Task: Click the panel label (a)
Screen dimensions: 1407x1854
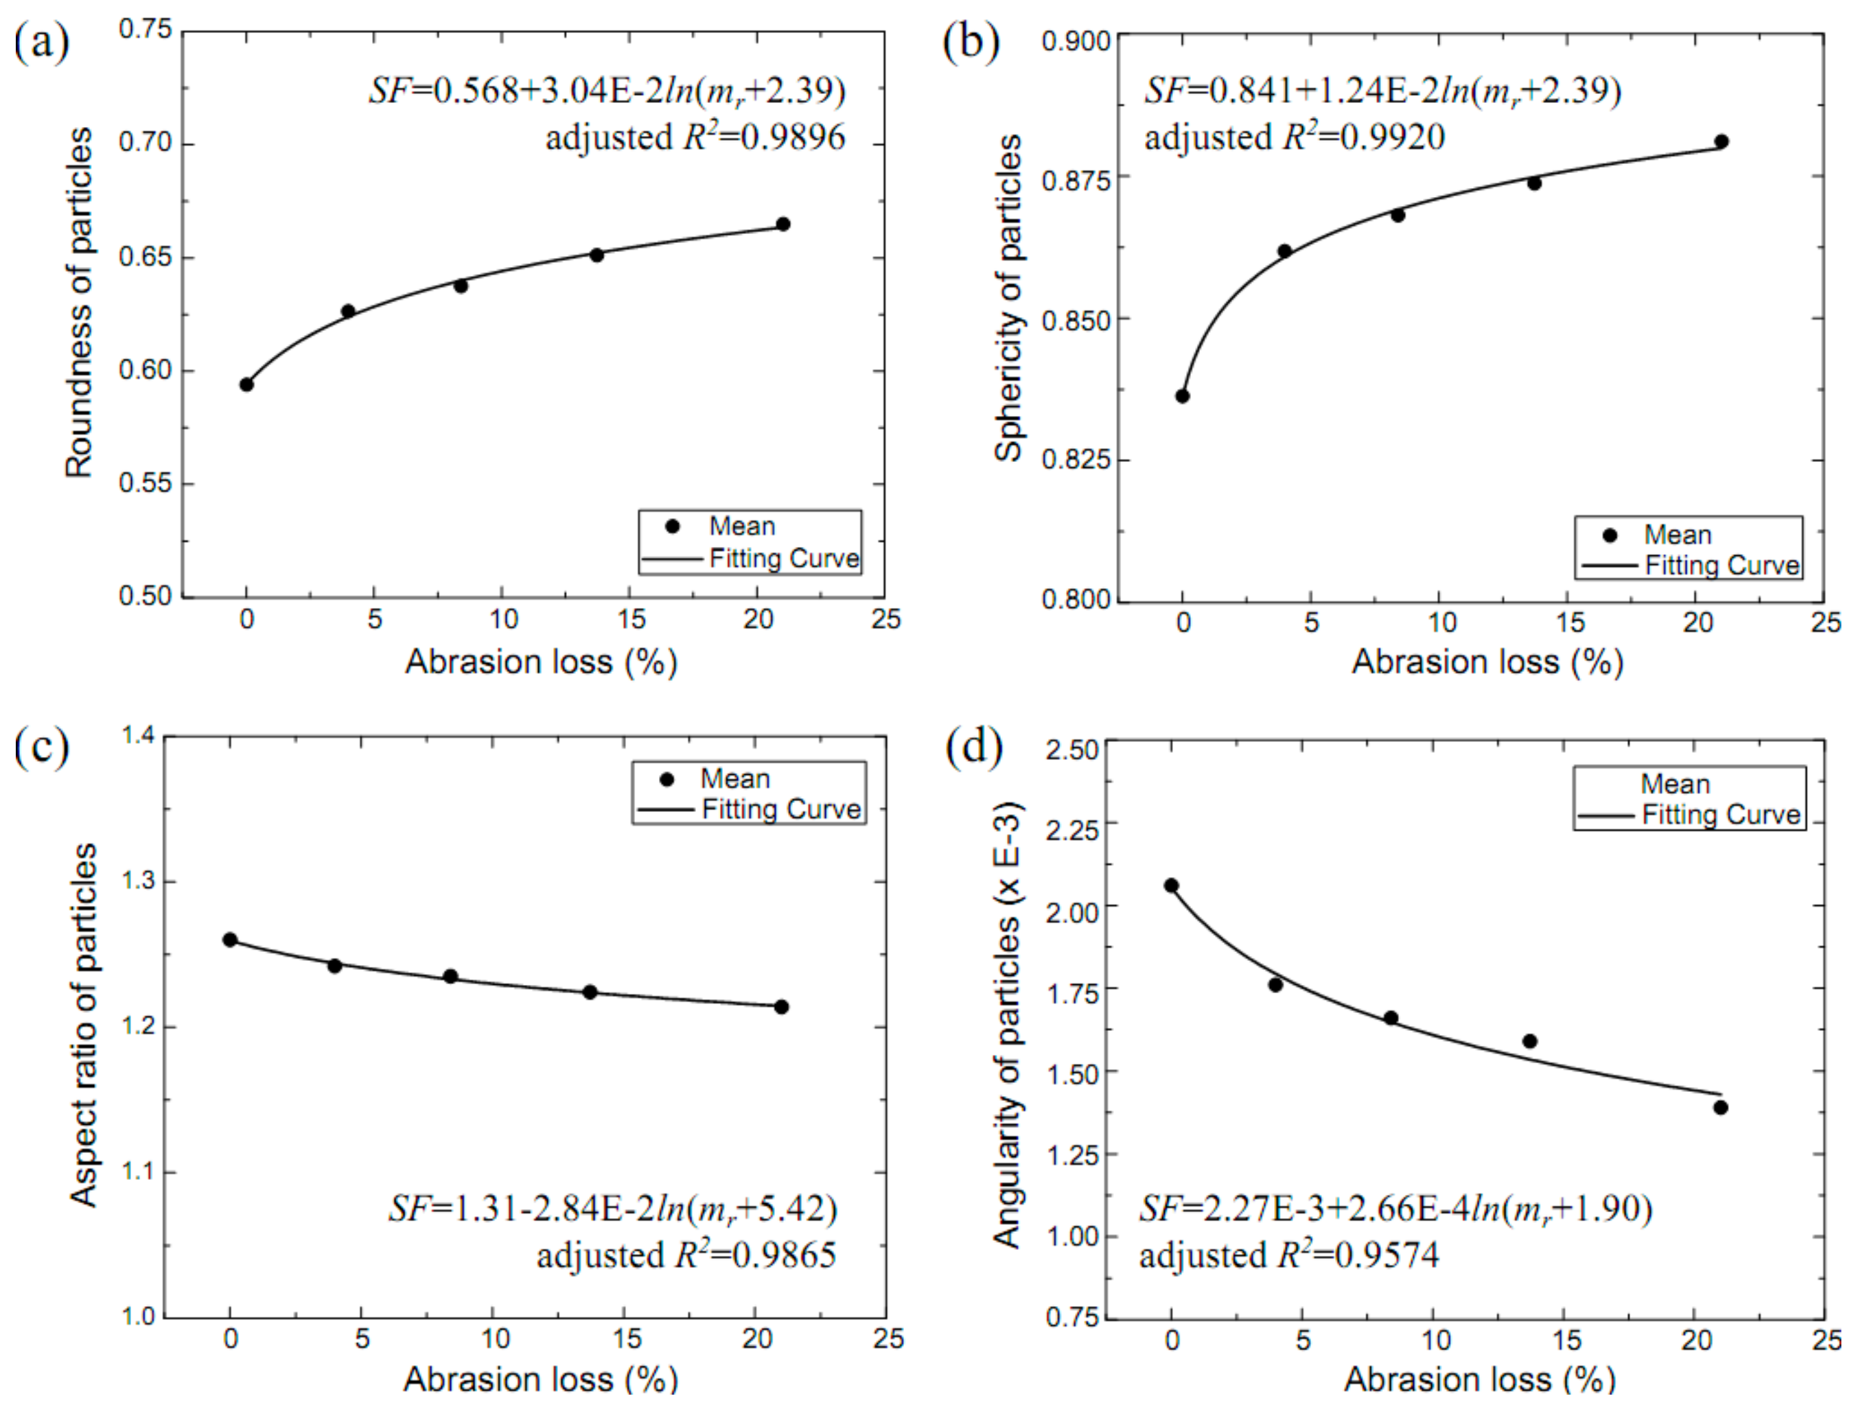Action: (x=41, y=41)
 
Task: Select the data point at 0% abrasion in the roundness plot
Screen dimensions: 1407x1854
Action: (x=246, y=384)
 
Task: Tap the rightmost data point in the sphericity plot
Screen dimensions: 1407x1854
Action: (x=1721, y=141)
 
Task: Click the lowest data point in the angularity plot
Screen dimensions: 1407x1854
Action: (x=1720, y=1108)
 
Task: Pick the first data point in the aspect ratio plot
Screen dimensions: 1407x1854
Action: (x=230, y=940)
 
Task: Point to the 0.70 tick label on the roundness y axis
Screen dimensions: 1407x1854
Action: (x=144, y=143)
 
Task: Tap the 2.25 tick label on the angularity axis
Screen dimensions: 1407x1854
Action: (x=1071, y=830)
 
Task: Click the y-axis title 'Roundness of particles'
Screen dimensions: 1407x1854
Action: (x=80, y=303)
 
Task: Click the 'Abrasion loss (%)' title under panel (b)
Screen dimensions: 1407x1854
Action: (x=1487, y=662)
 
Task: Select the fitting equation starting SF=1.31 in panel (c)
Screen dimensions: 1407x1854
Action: (x=612, y=1209)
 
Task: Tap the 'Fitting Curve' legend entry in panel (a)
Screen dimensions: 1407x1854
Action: (x=784, y=558)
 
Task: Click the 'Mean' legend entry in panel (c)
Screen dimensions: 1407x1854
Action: (x=734, y=778)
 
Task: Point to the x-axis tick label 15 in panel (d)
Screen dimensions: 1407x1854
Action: (x=1566, y=1339)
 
